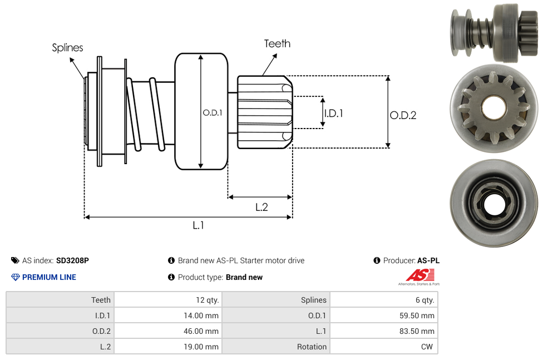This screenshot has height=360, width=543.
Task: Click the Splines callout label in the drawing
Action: click(67, 48)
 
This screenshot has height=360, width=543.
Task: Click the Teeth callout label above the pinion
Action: click(277, 43)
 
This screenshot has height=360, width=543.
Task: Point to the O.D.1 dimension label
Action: click(213, 112)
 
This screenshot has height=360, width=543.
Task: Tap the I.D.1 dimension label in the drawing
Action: click(333, 113)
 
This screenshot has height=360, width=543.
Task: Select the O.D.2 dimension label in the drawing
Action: click(403, 115)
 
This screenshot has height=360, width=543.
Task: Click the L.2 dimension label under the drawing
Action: click(261, 207)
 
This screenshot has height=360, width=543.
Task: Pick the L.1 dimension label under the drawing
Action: click(199, 225)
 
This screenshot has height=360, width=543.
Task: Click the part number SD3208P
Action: click(72, 260)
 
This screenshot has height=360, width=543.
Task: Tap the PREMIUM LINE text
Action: click(49, 277)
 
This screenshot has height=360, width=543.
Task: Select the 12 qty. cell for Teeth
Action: click(167, 300)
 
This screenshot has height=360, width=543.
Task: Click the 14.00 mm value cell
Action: click(167, 315)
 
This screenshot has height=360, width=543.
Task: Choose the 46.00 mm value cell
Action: click(167, 331)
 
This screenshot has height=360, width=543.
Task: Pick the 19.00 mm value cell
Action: click(167, 347)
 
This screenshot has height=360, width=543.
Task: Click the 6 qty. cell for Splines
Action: click(383, 300)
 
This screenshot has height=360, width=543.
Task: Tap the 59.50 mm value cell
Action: click(383, 315)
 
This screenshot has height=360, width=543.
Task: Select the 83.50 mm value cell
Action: click(383, 331)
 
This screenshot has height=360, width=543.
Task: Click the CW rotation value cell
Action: click(383, 347)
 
